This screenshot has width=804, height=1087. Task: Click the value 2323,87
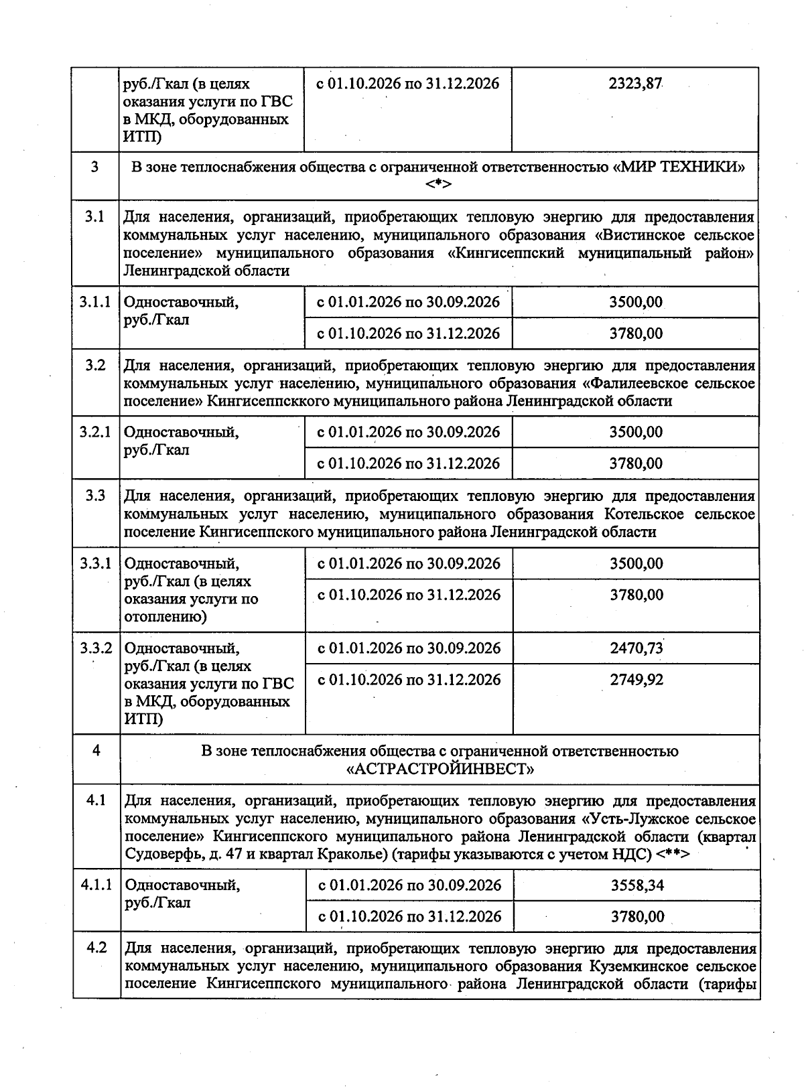(635, 84)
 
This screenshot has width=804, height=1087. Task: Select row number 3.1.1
(94, 302)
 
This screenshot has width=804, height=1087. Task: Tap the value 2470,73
(636, 648)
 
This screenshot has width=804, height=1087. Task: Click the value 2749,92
(636, 680)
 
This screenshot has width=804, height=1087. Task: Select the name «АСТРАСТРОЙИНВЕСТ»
(440, 769)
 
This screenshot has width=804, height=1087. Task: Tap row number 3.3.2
(96, 648)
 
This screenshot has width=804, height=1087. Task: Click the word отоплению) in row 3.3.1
(165, 617)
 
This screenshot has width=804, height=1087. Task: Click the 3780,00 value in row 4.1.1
(636, 916)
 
